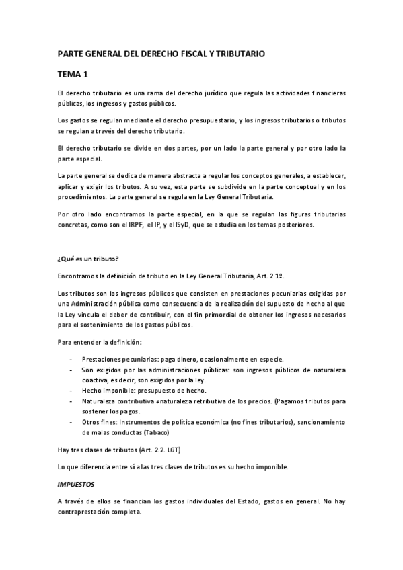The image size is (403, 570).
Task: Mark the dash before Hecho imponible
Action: coord(71,390)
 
